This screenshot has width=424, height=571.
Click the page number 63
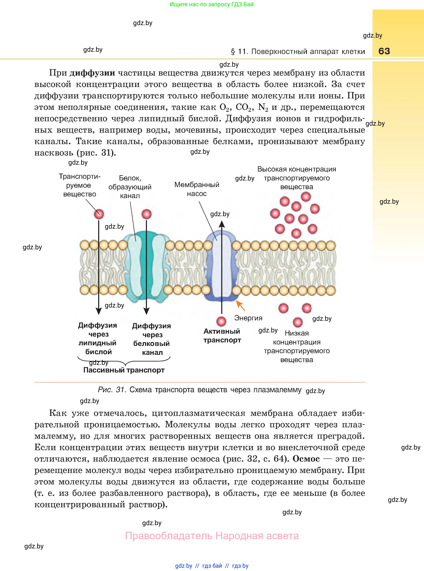click(384, 51)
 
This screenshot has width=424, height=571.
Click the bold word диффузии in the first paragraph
click(92, 73)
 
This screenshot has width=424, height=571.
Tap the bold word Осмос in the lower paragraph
click(306, 458)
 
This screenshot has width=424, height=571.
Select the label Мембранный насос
click(197, 189)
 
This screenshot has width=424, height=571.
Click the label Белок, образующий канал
click(130, 187)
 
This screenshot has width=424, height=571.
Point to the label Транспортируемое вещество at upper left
click(79, 185)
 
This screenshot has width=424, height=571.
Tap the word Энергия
click(248, 318)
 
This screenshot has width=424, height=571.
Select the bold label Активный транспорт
click(222, 336)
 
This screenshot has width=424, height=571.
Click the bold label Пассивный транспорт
click(124, 370)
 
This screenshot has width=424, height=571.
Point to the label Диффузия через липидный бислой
click(98, 338)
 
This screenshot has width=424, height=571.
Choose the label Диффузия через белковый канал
click(152, 339)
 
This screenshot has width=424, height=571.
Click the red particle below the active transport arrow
click(221, 321)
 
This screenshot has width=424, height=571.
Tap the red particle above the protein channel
click(147, 214)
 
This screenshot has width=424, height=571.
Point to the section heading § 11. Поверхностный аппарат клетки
click(298, 52)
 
